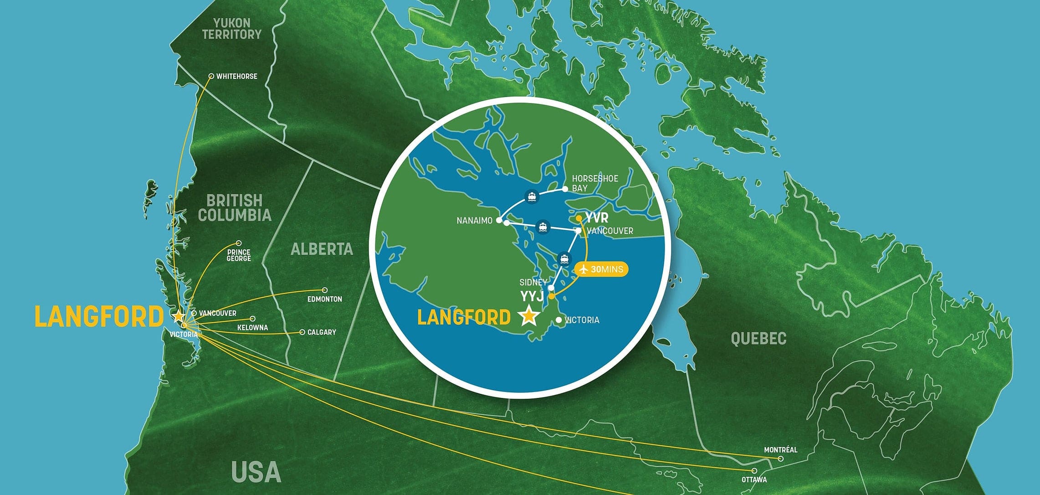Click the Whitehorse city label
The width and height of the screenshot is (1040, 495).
coord(236,77)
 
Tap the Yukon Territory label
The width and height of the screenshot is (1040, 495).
coord(232,28)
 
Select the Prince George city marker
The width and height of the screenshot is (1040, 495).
coord(238,243)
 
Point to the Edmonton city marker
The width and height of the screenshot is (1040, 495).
coord(325,290)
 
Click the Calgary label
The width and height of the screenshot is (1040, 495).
coord(322,332)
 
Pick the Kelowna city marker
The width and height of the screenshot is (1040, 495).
coord(253,319)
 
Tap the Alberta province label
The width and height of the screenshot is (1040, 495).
coord(322,249)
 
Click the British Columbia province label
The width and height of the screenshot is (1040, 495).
coord(235,208)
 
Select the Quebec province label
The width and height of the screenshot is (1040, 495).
coord(758,339)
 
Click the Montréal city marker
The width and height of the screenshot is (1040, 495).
coord(781,459)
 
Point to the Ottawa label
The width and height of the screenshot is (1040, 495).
coord(754,480)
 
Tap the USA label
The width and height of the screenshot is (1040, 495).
coord(256,472)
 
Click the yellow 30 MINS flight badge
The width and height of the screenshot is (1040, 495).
coord(602,269)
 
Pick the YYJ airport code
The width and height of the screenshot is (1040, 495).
coord(532,297)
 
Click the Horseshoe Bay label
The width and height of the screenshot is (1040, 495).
coord(594,183)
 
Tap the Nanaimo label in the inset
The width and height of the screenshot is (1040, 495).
coord(475,221)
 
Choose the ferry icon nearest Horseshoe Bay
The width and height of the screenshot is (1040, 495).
coord(532,197)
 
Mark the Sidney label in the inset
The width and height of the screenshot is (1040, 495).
coord(533,283)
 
